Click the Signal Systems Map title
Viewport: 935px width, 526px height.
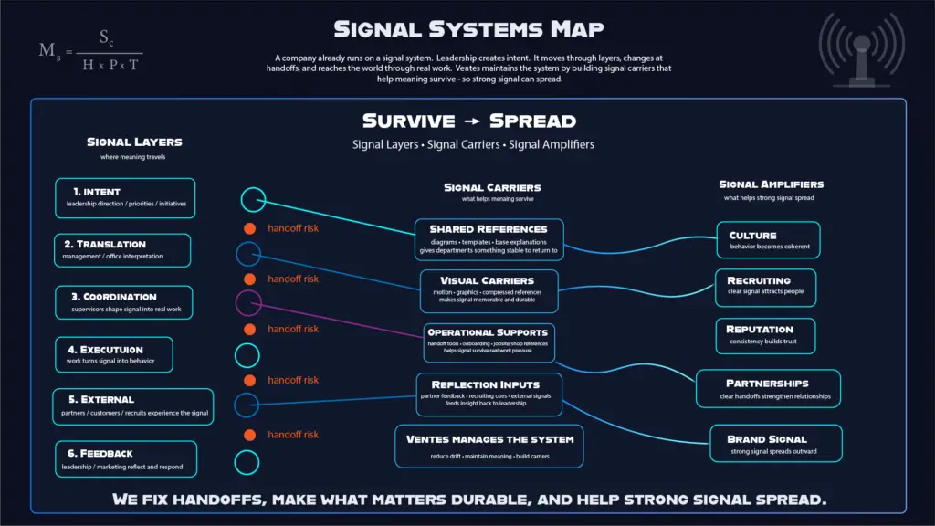(467, 29)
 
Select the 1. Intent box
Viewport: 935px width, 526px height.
(126, 197)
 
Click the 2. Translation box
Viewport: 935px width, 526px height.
(122, 250)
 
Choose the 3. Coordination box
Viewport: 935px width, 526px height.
(124, 302)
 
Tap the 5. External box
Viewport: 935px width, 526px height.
(133, 406)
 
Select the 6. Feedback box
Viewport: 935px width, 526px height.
(126, 458)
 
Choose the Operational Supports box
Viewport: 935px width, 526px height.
(488, 342)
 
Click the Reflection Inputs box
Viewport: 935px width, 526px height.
(489, 394)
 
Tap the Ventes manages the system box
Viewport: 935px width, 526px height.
(489, 446)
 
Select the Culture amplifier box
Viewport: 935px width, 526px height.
(768, 240)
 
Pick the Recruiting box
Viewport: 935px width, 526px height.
(764, 287)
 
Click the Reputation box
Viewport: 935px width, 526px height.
(765, 335)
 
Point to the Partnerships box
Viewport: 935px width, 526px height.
(767, 388)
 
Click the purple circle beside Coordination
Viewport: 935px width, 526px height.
(248, 302)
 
